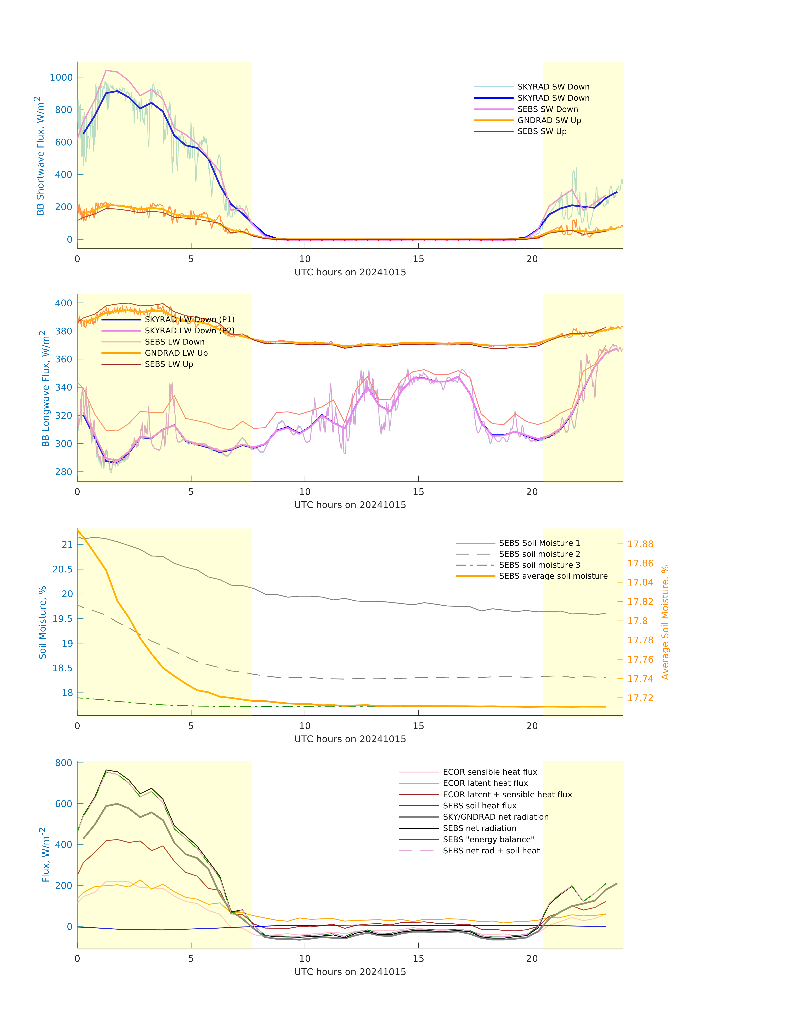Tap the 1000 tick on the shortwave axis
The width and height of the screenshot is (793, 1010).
click(61, 77)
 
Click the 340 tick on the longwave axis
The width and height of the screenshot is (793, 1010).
click(64, 387)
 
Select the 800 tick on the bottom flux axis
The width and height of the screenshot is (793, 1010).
click(64, 763)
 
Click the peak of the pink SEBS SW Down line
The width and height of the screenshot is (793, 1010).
click(106, 70)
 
